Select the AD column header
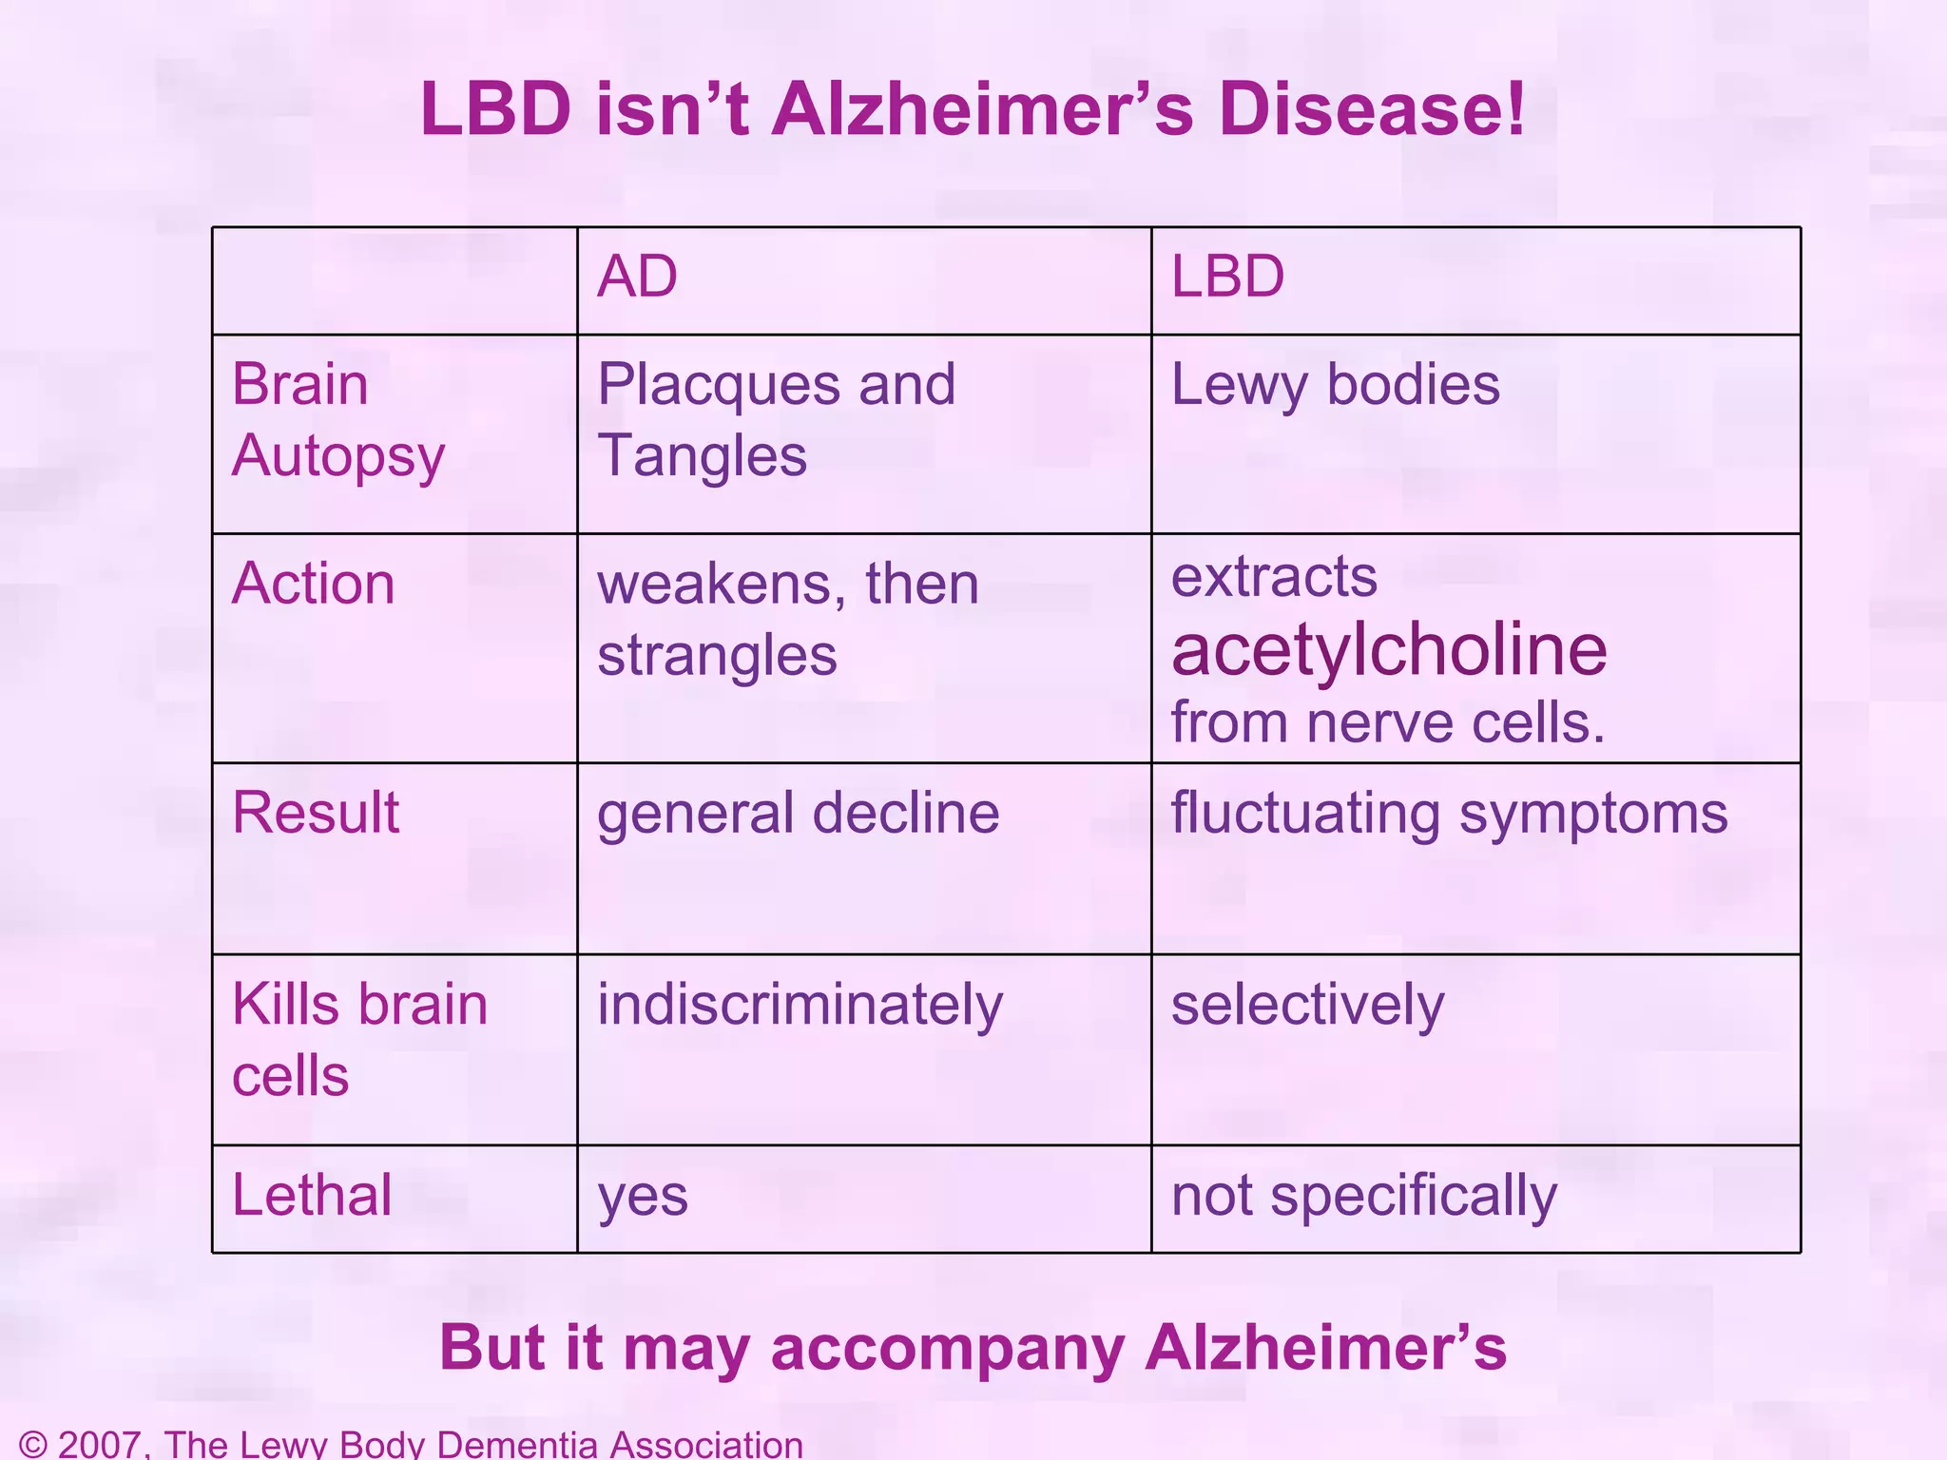pos(637,278)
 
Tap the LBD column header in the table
pos(1227,278)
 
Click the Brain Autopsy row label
pos(337,420)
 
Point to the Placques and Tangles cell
pos(776,420)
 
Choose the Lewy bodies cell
pos(1335,385)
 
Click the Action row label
pos(313,584)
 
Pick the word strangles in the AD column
pos(717,655)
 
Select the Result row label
pos(316,813)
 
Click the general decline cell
pos(798,814)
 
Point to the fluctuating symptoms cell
pos(1449,814)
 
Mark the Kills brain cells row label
pos(359,1040)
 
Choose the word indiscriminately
pos(800,1006)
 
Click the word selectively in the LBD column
pos(1307,1006)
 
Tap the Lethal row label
pos(312,1195)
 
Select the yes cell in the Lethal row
pos(643,1197)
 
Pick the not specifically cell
pos(1363,1197)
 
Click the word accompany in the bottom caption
pos(948,1348)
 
